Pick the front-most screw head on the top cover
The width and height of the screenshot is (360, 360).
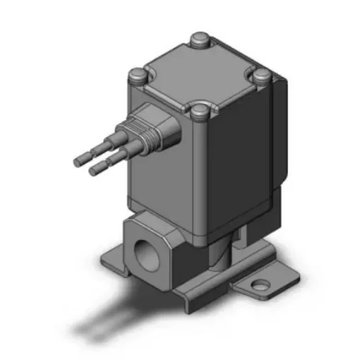(200, 109)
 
